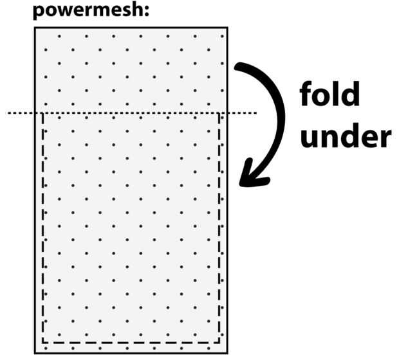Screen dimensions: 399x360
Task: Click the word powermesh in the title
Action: coord(88,12)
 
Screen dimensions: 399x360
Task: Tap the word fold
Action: coord(329,96)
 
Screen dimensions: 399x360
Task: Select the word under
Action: coord(345,137)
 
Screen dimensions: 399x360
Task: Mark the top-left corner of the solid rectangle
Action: coord(35,28)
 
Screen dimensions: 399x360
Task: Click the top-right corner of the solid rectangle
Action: coord(227,28)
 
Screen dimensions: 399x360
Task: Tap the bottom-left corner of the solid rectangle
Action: coord(35,352)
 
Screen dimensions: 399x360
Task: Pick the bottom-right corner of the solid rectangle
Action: coord(227,352)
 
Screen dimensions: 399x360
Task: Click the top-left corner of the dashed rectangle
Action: coord(42,114)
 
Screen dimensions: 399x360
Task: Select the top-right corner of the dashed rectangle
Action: coord(220,114)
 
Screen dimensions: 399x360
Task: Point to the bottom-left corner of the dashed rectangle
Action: coord(42,343)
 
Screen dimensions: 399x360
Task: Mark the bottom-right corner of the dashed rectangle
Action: coord(220,343)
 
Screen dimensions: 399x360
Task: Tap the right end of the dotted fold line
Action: coord(256,113)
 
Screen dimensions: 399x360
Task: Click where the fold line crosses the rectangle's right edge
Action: coord(227,113)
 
